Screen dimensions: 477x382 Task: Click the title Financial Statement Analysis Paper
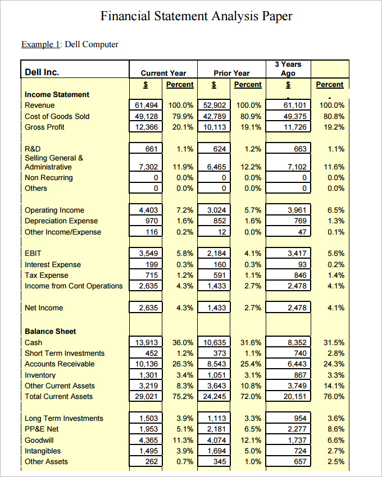tap(196, 16)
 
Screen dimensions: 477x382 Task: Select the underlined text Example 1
tap(41, 44)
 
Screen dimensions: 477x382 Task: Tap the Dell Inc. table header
tap(42, 72)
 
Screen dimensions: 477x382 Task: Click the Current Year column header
tap(163, 73)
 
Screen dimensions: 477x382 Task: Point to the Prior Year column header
tap(231, 73)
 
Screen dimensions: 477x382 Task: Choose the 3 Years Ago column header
tap(288, 69)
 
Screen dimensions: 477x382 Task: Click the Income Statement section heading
tap(57, 94)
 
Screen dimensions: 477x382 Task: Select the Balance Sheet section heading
tap(50, 331)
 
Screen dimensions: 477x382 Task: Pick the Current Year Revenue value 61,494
tap(147, 106)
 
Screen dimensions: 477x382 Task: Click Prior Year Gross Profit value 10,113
tap(215, 127)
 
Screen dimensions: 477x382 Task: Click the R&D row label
tap(33, 149)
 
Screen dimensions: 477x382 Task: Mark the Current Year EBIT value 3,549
tap(149, 254)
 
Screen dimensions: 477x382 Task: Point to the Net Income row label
tap(44, 308)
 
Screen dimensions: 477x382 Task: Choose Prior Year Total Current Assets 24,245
tap(215, 396)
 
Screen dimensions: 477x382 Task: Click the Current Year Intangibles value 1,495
tap(149, 451)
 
